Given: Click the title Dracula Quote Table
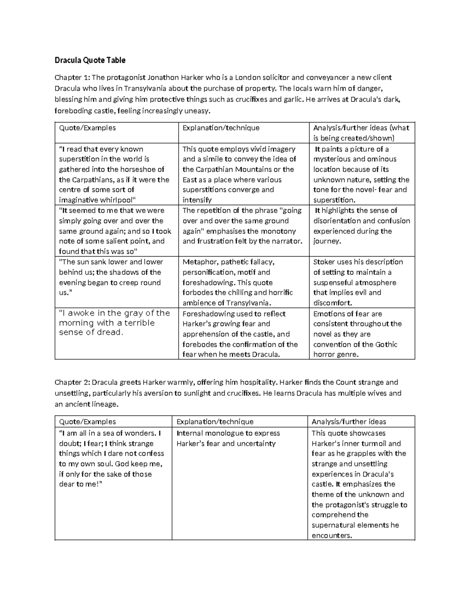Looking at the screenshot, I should [x=90, y=60].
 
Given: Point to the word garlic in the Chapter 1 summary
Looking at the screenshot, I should [x=293, y=100].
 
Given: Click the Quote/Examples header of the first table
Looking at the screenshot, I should [x=87, y=128].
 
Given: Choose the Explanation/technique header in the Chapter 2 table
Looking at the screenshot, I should [x=215, y=422].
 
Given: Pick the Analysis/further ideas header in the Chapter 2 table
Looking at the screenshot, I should [x=349, y=422].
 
